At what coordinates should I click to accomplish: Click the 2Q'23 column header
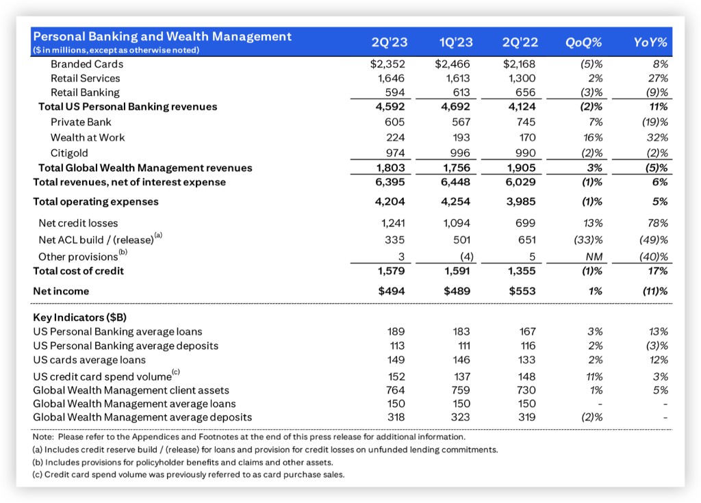(x=389, y=42)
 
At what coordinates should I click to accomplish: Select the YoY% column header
(x=650, y=42)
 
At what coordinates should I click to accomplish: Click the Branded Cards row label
(x=87, y=64)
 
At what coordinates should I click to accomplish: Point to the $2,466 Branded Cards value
(x=454, y=64)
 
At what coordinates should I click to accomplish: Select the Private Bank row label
(x=79, y=122)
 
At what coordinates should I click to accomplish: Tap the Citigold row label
(x=70, y=152)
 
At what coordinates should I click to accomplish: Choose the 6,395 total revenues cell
(x=391, y=182)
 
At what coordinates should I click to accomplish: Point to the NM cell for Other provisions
(x=593, y=257)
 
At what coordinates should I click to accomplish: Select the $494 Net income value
(x=391, y=292)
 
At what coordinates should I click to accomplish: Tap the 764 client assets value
(x=396, y=390)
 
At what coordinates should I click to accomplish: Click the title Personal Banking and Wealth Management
(x=163, y=37)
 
